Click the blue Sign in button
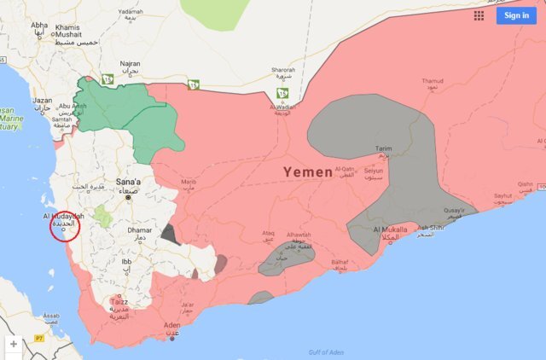tap(516, 15)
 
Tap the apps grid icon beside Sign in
tap(479, 15)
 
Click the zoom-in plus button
tap(14, 344)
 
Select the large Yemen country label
tap(308, 172)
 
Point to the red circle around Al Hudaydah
tap(65, 227)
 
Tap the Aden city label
tap(172, 325)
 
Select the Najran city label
tap(131, 63)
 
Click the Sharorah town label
tap(283, 70)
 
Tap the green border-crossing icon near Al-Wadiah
tap(282, 94)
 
